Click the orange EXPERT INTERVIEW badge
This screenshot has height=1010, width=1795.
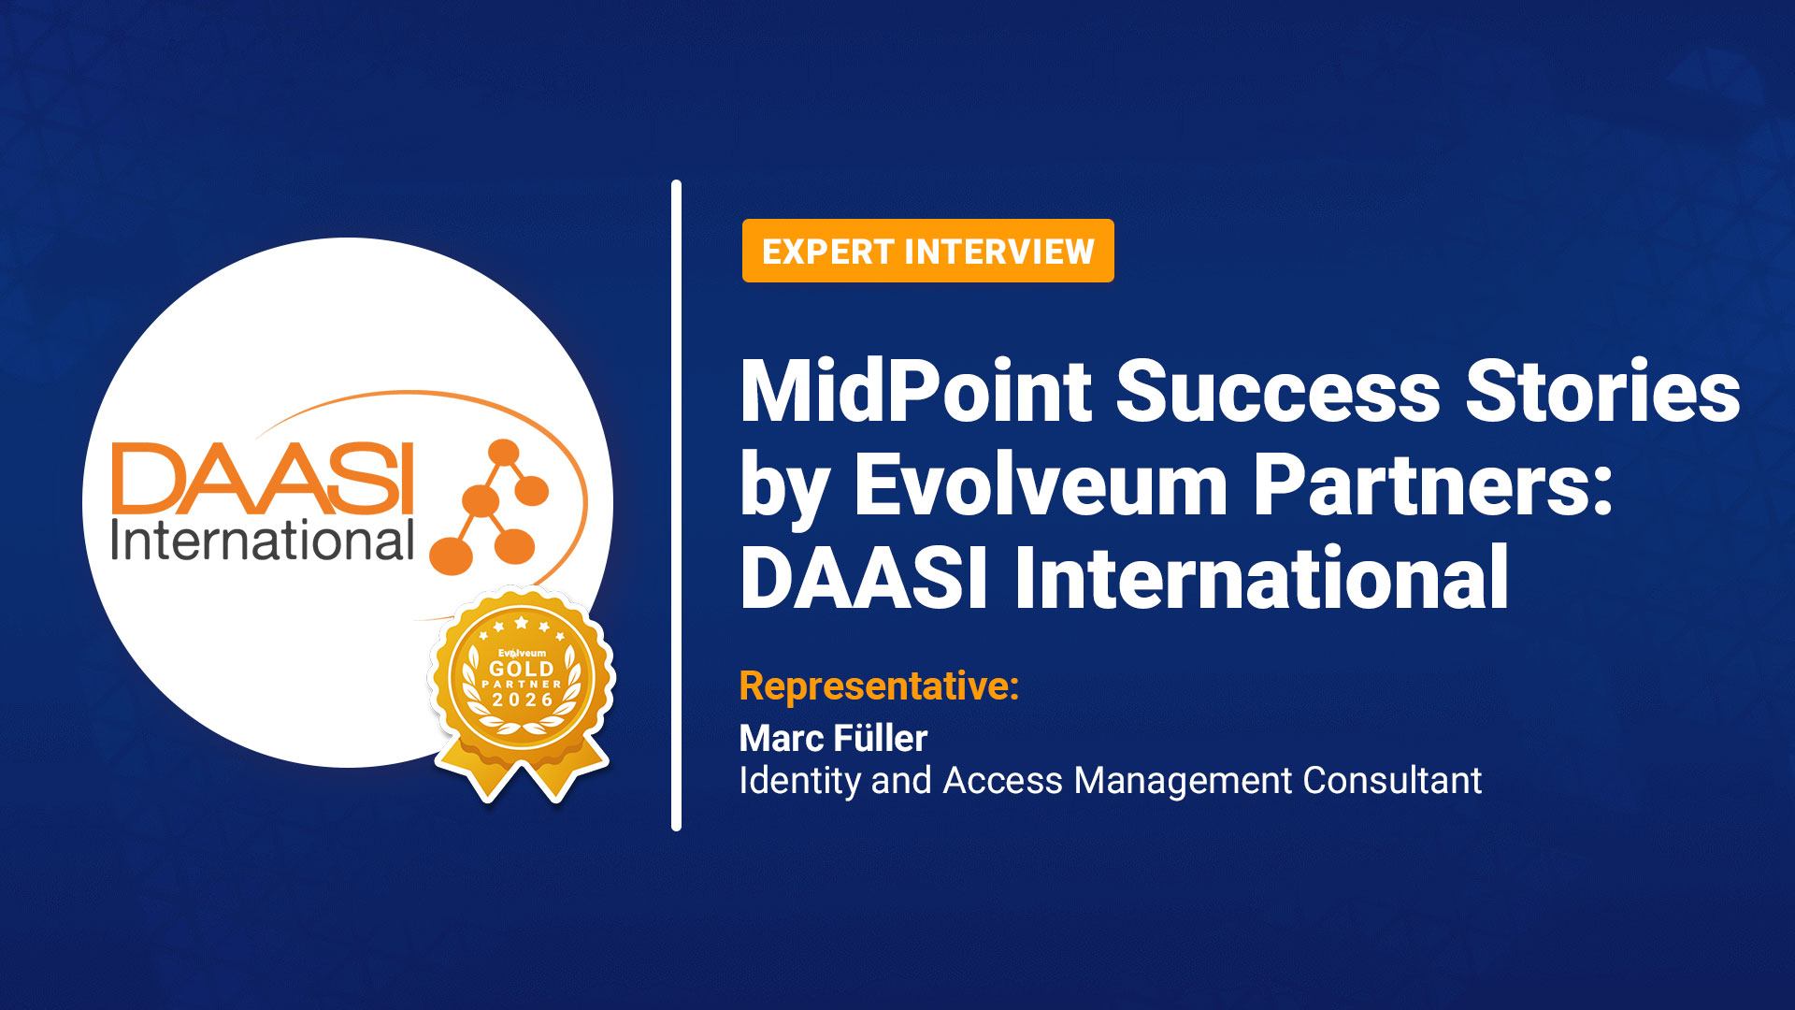point(927,251)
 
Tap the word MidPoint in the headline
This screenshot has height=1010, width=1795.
point(915,392)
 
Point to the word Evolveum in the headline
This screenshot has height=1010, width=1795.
point(1040,485)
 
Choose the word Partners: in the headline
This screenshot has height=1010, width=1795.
point(1433,485)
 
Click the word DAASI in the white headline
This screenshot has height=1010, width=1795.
point(863,579)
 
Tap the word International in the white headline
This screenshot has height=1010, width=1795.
point(1261,579)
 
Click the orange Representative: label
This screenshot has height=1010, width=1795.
point(879,685)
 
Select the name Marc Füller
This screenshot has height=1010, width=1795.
point(833,738)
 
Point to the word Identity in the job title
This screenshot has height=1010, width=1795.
point(799,780)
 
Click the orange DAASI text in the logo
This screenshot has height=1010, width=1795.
point(263,479)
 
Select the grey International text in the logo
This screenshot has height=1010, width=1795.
point(263,541)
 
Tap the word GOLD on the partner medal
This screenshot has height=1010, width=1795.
point(522,669)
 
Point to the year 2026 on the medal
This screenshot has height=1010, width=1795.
point(523,700)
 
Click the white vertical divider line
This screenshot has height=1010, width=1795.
point(676,505)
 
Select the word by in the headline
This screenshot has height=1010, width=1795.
point(783,487)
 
